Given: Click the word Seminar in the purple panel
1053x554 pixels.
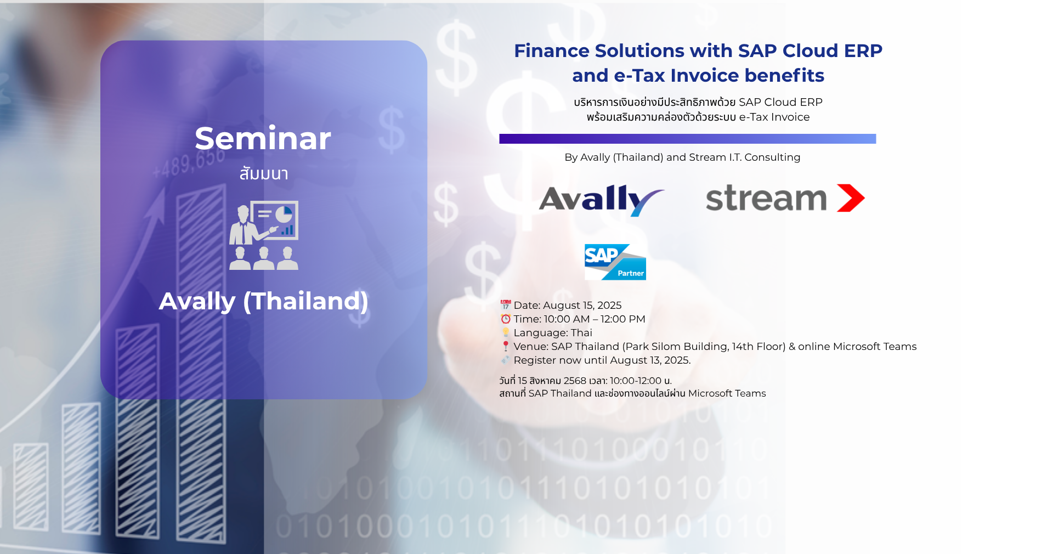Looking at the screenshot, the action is tap(263, 138).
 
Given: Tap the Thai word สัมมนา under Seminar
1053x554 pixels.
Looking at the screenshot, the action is tap(264, 173).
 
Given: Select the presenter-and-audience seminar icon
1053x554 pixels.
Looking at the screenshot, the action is tap(264, 235).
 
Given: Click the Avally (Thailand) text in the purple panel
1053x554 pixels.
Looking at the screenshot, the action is tap(263, 301).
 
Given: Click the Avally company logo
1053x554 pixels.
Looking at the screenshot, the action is tap(602, 200).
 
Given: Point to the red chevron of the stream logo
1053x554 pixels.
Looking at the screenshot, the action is tap(851, 198).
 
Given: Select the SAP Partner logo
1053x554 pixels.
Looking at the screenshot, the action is tap(615, 262).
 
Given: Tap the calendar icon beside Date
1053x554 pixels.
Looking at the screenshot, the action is tap(505, 305).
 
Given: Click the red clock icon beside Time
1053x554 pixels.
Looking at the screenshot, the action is tap(505, 319).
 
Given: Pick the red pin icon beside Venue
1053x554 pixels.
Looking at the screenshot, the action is tap(505, 346).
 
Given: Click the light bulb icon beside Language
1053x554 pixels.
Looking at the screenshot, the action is tap(505, 332).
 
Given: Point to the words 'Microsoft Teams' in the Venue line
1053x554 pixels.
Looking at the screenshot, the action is tap(875, 347).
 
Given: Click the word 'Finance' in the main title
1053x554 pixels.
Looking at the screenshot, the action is tap(552, 50).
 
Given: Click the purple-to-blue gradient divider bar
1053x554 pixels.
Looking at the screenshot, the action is tap(687, 139).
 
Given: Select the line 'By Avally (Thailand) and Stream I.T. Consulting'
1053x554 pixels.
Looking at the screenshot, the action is tap(682, 157).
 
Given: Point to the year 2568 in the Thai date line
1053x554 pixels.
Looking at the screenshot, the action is tap(575, 381).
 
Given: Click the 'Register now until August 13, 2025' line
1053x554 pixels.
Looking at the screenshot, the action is tap(602, 360).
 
